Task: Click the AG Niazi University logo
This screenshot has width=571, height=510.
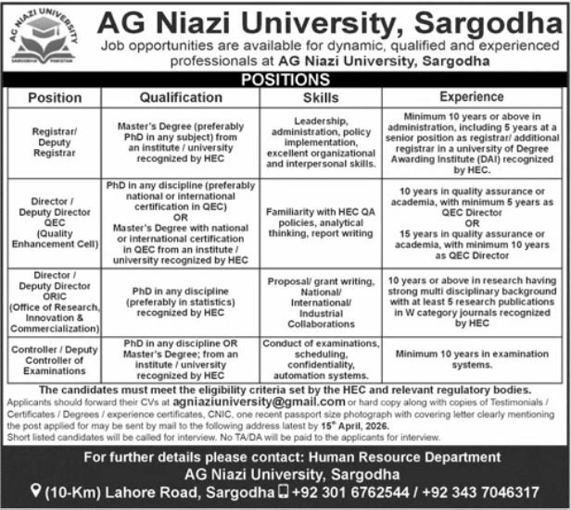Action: tap(44, 38)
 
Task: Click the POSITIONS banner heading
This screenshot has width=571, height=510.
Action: tap(286, 81)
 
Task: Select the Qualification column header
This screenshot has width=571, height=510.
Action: tap(181, 97)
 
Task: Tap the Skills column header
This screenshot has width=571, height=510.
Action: tap(321, 97)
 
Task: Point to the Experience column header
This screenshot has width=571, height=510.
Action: tap(471, 97)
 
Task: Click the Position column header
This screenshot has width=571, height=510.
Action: tap(55, 97)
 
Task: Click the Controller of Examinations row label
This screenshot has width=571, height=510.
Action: tap(55, 358)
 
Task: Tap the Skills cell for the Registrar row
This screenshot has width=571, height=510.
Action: tap(321, 142)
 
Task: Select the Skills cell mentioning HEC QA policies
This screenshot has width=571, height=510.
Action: tap(321, 223)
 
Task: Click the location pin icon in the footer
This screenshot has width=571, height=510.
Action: tap(34, 491)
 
